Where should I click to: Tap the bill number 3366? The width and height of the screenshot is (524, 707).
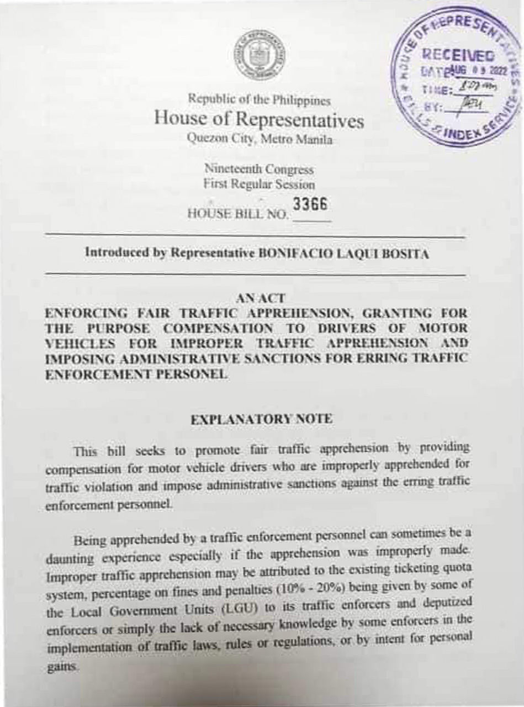(x=310, y=205)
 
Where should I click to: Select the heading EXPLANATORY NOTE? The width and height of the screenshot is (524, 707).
(x=261, y=419)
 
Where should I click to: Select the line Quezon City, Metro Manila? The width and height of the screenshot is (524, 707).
(x=260, y=139)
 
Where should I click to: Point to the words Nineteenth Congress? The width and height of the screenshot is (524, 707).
(x=258, y=169)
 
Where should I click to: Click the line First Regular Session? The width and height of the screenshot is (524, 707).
(x=258, y=184)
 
